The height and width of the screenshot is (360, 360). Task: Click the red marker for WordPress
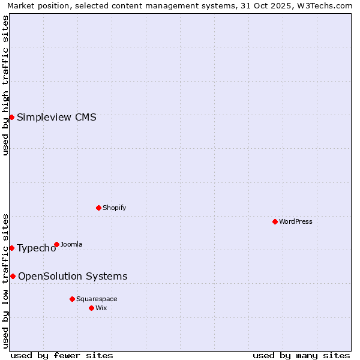point(275,221)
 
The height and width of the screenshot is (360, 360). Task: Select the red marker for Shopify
point(98,208)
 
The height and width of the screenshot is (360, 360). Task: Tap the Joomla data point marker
point(56,244)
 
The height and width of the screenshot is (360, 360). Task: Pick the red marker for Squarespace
point(72,299)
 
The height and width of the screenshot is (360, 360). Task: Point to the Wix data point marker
point(91,308)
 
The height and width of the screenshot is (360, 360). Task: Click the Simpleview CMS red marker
point(11,117)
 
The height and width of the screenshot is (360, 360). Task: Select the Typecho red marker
point(11,248)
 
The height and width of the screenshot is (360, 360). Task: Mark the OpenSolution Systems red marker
point(13,276)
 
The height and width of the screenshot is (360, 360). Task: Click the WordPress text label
point(296,221)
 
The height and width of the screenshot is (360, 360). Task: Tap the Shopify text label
point(115,208)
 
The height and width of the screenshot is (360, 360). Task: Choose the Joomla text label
point(71,244)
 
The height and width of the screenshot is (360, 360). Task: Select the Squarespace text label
point(97,299)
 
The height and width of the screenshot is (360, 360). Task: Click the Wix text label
point(101,308)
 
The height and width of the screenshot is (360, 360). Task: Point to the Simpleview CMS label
point(56,117)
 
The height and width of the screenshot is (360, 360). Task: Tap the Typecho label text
point(37,248)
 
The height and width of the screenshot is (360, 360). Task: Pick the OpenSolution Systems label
point(73,276)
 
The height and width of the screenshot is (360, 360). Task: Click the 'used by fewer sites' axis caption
point(62,355)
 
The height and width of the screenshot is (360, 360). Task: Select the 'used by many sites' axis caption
point(301,355)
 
